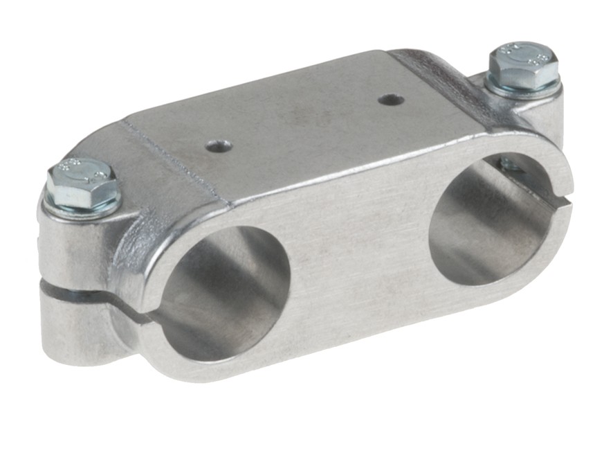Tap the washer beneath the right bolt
(523, 89)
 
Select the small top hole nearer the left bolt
(219, 146)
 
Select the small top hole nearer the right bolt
(391, 100)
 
